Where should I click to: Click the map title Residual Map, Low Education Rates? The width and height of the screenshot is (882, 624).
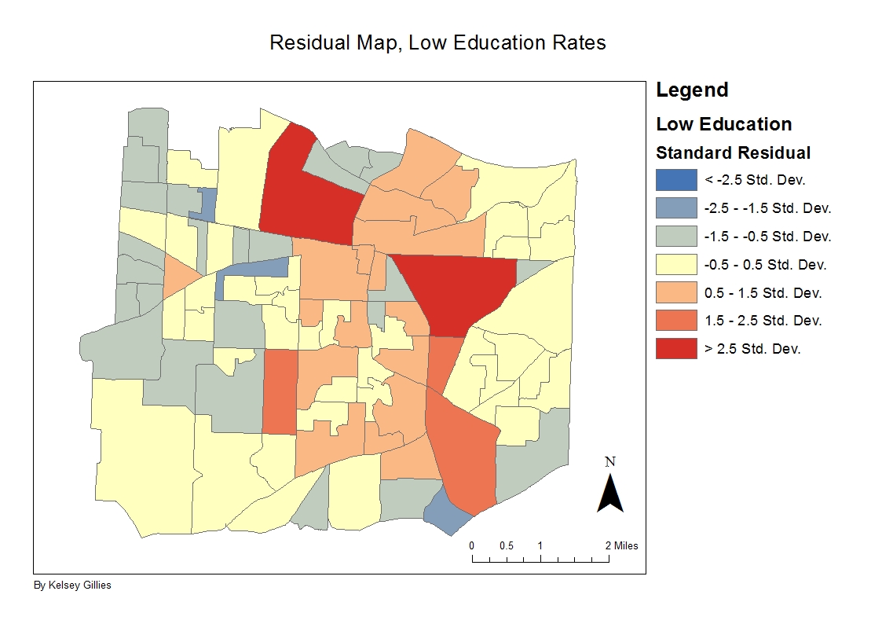tap(437, 42)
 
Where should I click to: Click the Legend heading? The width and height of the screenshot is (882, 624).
tap(692, 90)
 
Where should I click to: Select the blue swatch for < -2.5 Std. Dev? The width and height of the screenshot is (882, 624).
tap(676, 180)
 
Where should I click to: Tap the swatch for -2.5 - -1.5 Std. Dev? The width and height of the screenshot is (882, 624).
tap(676, 208)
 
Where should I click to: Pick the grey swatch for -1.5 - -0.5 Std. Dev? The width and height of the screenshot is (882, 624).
tap(676, 237)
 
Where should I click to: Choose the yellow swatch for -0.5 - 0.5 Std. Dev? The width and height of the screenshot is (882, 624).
tap(676, 265)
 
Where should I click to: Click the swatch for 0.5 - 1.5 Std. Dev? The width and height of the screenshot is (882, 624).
tap(676, 293)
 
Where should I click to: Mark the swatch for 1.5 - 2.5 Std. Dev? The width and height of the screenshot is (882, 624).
tap(676, 321)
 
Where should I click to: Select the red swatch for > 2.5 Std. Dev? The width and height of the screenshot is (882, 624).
tap(676, 349)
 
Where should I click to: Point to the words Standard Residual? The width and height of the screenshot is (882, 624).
tap(733, 152)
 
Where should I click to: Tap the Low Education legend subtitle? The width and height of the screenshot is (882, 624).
tap(723, 124)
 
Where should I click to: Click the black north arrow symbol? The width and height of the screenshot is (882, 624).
tap(610, 494)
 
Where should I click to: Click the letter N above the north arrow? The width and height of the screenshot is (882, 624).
tap(610, 462)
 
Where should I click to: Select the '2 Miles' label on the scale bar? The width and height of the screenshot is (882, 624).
tap(621, 545)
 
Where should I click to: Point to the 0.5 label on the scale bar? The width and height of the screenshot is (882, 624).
tap(507, 545)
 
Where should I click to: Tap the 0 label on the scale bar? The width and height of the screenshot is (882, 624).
tap(472, 545)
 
